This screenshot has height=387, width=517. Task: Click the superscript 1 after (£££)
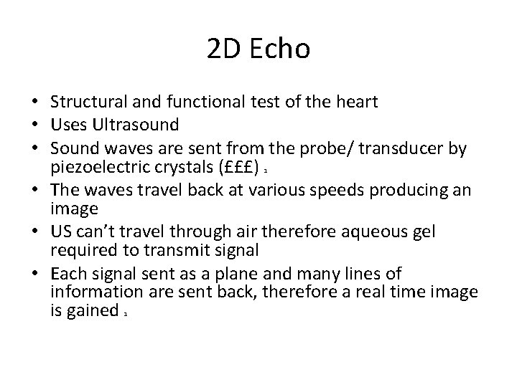click(266, 170)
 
